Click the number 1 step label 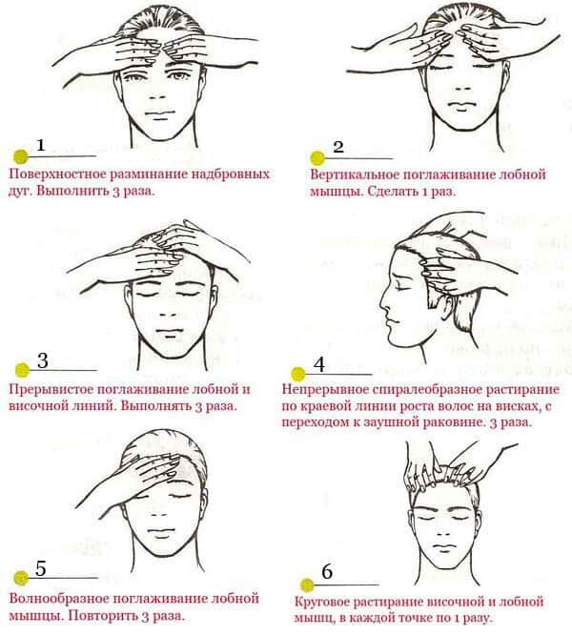coord(41,145)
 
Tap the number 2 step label coord(338,147)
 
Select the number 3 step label coord(43,360)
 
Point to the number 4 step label coord(319,364)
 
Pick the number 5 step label coord(41,568)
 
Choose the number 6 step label coord(327,571)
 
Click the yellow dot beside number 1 coord(21,156)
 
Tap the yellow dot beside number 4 coord(298,374)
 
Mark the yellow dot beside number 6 coord(307,585)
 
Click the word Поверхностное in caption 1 coord(57,174)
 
